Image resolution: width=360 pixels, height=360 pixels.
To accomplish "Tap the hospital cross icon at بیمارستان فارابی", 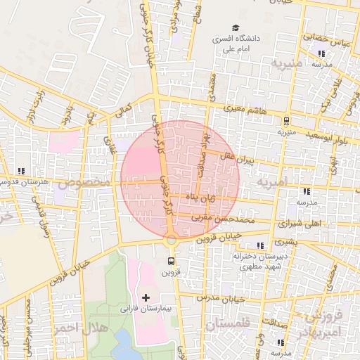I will click(146, 298).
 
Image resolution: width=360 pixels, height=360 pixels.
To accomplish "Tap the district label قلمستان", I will click(230, 325).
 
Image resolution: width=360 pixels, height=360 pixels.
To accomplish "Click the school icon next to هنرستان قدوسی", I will click(21, 171).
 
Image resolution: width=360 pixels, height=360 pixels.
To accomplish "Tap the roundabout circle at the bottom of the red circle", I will click(171, 240).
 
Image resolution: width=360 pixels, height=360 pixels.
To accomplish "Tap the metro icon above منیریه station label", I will click(285, 121).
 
